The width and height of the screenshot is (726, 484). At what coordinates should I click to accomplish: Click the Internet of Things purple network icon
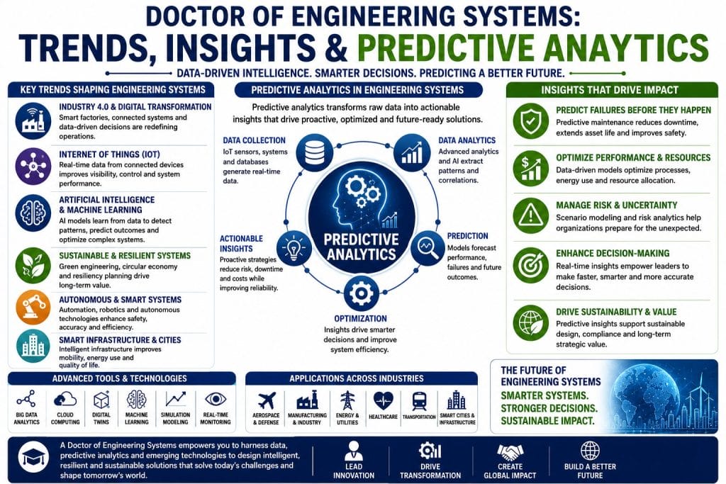[x=33, y=166]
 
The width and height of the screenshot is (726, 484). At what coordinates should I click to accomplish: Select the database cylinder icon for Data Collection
[x=315, y=151]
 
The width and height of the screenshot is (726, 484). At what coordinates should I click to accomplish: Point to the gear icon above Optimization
[x=361, y=293]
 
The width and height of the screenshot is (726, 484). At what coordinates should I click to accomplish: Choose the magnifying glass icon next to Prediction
[x=428, y=247]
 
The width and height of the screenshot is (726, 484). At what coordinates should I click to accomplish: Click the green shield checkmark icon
[x=530, y=120]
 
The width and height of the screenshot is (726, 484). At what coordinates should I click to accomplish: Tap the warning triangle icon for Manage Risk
[x=530, y=215]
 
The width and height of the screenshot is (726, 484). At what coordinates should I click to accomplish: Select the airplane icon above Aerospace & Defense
[x=267, y=400]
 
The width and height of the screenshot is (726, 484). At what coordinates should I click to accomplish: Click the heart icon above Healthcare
[x=383, y=400]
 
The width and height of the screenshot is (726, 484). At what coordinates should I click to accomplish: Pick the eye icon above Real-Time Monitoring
[x=216, y=399]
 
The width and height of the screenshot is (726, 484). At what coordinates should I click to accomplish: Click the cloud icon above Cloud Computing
[x=65, y=399]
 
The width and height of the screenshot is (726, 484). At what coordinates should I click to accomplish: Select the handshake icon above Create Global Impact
[x=510, y=451]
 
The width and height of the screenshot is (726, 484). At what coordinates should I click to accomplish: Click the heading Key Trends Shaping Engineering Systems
[x=113, y=90]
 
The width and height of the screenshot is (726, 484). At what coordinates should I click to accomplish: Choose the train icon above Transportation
[x=419, y=400]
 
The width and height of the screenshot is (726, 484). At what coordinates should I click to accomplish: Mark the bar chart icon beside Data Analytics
[x=411, y=151]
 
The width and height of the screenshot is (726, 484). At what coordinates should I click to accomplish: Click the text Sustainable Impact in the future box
[x=547, y=421]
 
